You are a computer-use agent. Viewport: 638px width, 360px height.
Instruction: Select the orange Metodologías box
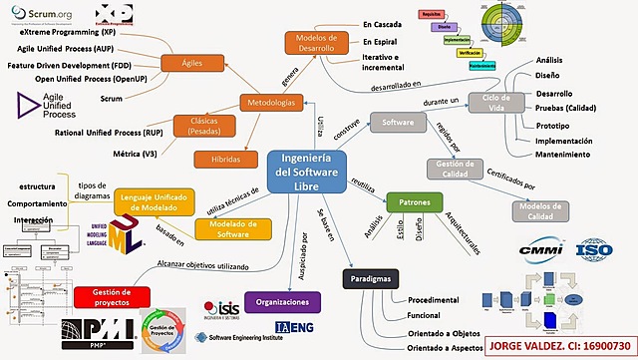[271, 103]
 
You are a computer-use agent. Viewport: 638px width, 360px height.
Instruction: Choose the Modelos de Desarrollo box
[317, 43]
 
